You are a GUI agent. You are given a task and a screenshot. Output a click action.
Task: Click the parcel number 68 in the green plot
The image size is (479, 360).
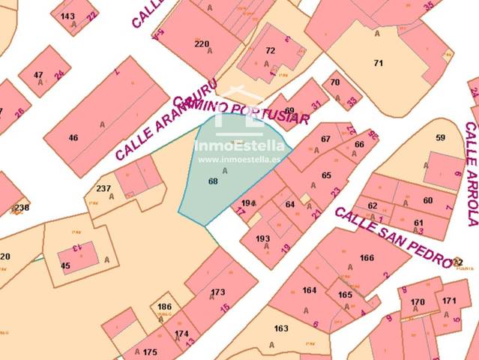point(213,181)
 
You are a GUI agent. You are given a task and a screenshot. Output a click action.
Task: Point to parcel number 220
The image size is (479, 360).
point(202,43)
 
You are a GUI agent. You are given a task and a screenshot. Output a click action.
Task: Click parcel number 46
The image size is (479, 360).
point(73,137)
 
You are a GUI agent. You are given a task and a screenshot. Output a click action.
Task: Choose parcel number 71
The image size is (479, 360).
point(379,63)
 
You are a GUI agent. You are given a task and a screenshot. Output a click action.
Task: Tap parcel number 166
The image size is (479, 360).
point(367,258)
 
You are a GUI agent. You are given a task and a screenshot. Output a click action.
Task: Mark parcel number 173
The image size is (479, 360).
point(217,292)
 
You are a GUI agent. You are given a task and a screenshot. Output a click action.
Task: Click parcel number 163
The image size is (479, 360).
point(281,328)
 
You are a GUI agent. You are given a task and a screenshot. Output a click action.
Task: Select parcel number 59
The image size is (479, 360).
point(440,137)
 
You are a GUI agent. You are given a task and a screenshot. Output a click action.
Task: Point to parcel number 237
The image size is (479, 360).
point(104,188)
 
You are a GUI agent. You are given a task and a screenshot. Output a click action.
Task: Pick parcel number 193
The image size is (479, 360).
point(262,238)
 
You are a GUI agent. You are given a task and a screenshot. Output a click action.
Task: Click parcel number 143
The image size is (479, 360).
point(67,16)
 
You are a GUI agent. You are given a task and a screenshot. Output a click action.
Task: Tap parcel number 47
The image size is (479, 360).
point(38,74)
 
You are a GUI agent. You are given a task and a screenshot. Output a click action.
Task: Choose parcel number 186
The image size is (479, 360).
point(164,307)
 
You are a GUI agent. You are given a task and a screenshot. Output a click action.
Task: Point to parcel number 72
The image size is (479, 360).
point(271,50)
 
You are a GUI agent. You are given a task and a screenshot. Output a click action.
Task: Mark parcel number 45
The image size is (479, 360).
point(65,265)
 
